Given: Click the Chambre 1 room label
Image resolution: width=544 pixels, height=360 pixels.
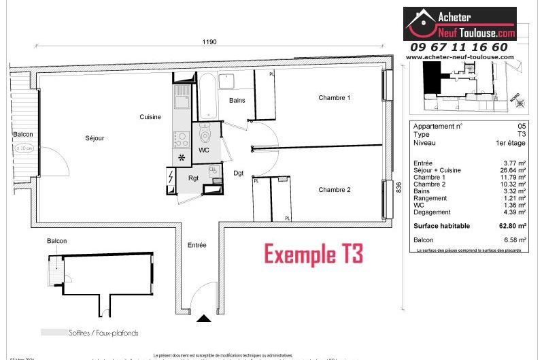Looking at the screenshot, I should pos(335,98).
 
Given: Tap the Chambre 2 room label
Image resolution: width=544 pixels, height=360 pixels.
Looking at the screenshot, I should pos(335,190).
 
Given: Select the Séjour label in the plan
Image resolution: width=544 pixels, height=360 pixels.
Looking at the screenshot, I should pos(95,138).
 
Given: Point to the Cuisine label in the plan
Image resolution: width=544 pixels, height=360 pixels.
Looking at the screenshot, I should pos(150,117).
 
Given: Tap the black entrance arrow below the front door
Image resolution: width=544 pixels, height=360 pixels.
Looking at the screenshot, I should pos(204,317).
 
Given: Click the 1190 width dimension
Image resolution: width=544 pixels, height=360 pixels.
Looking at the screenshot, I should pos(209,42).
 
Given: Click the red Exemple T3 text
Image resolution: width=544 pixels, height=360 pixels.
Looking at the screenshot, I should pos(313,255).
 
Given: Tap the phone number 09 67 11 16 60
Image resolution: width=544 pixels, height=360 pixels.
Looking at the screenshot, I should pos(458,47).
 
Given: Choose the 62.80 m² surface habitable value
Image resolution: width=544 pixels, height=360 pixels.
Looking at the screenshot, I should pos(513,225).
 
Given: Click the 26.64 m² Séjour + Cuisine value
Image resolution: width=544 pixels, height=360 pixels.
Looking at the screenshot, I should pos(513,170).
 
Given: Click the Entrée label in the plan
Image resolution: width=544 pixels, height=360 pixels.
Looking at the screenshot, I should pos(197,245).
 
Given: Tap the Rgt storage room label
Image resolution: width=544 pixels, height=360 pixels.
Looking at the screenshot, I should pos(193,178).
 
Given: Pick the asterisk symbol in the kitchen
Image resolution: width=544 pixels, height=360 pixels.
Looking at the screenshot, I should pos(182,159).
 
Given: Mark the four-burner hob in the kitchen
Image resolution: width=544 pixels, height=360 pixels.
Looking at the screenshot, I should pos(182,139).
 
